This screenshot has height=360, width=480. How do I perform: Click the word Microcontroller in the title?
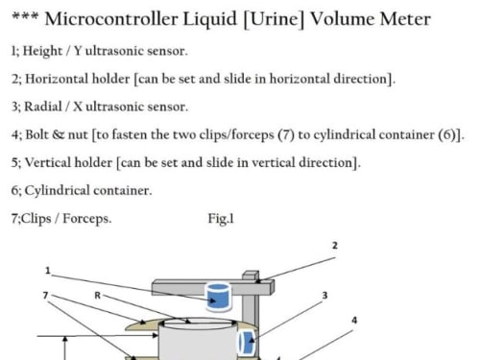point(111,19)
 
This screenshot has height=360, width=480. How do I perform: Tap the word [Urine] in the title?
point(274,19)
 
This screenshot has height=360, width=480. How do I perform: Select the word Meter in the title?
point(405,19)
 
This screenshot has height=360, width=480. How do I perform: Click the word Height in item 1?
point(42,51)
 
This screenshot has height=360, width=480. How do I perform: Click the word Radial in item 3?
point(43,107)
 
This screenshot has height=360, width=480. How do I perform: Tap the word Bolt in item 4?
point(36,134)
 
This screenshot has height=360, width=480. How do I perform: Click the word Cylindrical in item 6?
point(58,191)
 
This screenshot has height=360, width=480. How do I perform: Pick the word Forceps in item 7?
point(86,219)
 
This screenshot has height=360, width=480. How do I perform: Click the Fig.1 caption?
point(221,219)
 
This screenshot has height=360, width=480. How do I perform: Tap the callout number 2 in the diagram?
point(335,246)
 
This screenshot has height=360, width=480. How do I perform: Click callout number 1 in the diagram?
point(48,271)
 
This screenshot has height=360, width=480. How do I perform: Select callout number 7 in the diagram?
point(46,295)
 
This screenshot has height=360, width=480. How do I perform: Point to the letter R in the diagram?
point(98,296)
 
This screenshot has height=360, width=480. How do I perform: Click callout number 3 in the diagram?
point(324,296)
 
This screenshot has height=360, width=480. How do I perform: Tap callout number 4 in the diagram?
point(354,321)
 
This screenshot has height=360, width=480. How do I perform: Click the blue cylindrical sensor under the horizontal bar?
point(219,297)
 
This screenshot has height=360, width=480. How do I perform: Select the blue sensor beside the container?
point(247,343)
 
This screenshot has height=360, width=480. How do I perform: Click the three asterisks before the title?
point(25,16)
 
